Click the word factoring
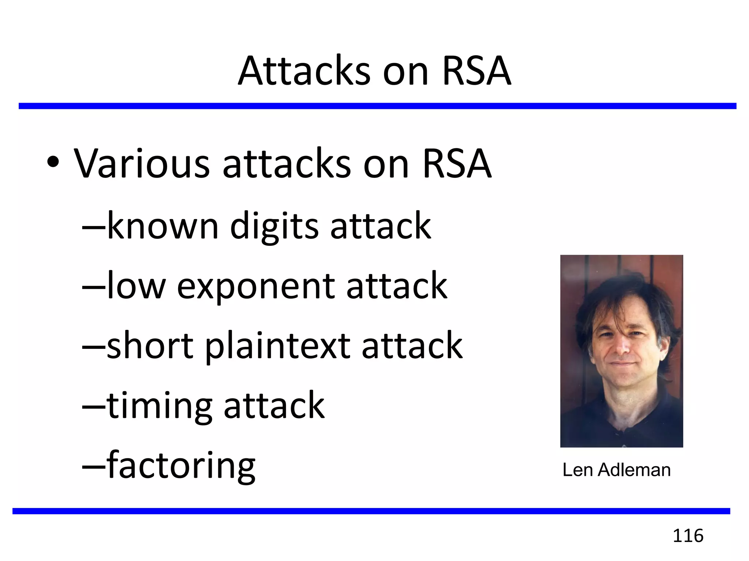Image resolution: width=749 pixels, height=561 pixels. tap(181, 466)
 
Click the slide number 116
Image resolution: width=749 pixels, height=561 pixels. tap(688, 536)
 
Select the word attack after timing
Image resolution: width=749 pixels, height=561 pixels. tap(274, 405)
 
